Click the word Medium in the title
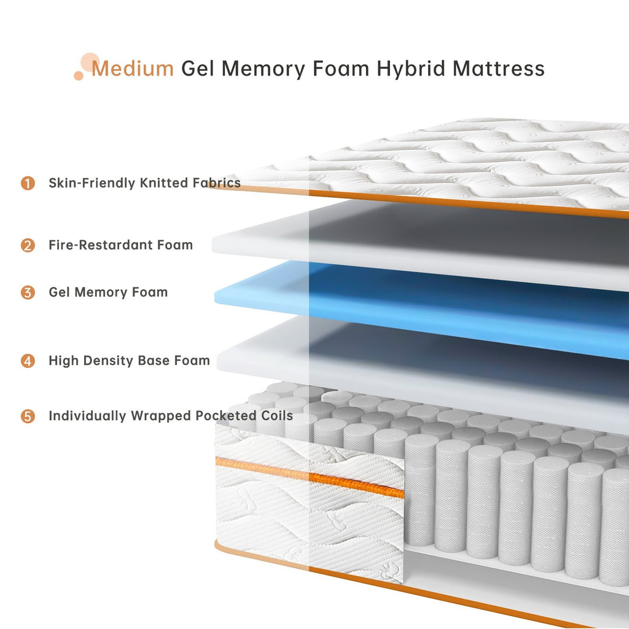tap(133, 68)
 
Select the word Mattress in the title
tap(498, 68)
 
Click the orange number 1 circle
tap(28, 183)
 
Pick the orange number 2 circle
tap(28, 245)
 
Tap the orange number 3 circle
tap(28, 292)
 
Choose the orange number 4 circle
tap(28, 361)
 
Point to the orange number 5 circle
tap(28, 416)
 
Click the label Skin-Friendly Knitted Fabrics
tap(144, 183)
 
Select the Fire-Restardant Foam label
tap(120, 245)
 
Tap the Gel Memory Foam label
tap(108, 292)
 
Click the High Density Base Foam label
tap(129, 361)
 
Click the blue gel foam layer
tap(430, 301)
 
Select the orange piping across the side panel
tap(307, 477)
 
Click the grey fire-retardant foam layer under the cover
tap(430, 243)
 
